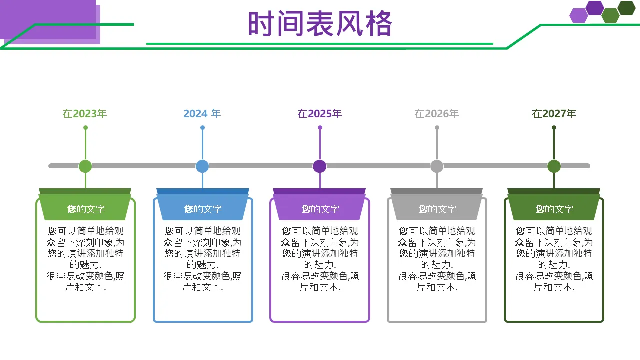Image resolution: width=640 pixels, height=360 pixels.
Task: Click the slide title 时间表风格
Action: pyautogui.click(x=320, y=24)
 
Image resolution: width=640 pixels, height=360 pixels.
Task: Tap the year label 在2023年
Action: pyautogui.click(x=85, y=114)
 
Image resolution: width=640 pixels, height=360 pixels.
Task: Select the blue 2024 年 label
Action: pyautogui.click(x=202, y=114)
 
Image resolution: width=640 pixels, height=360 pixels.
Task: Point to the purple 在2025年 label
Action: pyautogui.click(x=319, y=114)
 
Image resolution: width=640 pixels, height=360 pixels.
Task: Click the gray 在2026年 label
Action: pyautogui.click(x=436, y=114)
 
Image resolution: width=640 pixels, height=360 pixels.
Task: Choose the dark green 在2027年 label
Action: pyautogui.click(x=554, y=114)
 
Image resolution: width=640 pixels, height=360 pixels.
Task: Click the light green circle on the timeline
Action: pyautogui.click(x=85, y=166)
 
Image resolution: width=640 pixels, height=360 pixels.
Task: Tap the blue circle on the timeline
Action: pyautogui.click(x=202, y=166)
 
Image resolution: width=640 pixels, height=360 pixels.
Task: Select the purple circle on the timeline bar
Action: pyautogui.click(x=319, y=166)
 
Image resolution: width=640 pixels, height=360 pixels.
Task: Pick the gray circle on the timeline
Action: pyautogui.click(x=437, y=166)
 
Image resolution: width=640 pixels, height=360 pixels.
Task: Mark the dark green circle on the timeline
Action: pyautogui.click(x=554, y=166)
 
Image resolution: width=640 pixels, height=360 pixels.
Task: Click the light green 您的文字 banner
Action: pyautogui.click(x=85, y=209)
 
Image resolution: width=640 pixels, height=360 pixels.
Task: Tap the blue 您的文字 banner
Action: pyautogui.click(x=202, y=209)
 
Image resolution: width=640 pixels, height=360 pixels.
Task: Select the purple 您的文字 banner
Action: pyautogui.click(x=320, y=209)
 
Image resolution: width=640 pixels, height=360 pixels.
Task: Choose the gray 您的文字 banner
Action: pyautogui.click(x=437, y=209)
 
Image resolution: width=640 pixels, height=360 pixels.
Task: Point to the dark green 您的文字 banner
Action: pyautogui.click(x=554, y=209)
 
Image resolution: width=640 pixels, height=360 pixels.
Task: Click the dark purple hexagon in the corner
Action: pyautogui.click(x=595, y=8)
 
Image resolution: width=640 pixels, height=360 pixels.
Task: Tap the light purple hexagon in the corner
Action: pyautogui.click(x=578, y=16)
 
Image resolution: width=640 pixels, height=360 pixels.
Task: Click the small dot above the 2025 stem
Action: pyautogui.click(x=320, y=128)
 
